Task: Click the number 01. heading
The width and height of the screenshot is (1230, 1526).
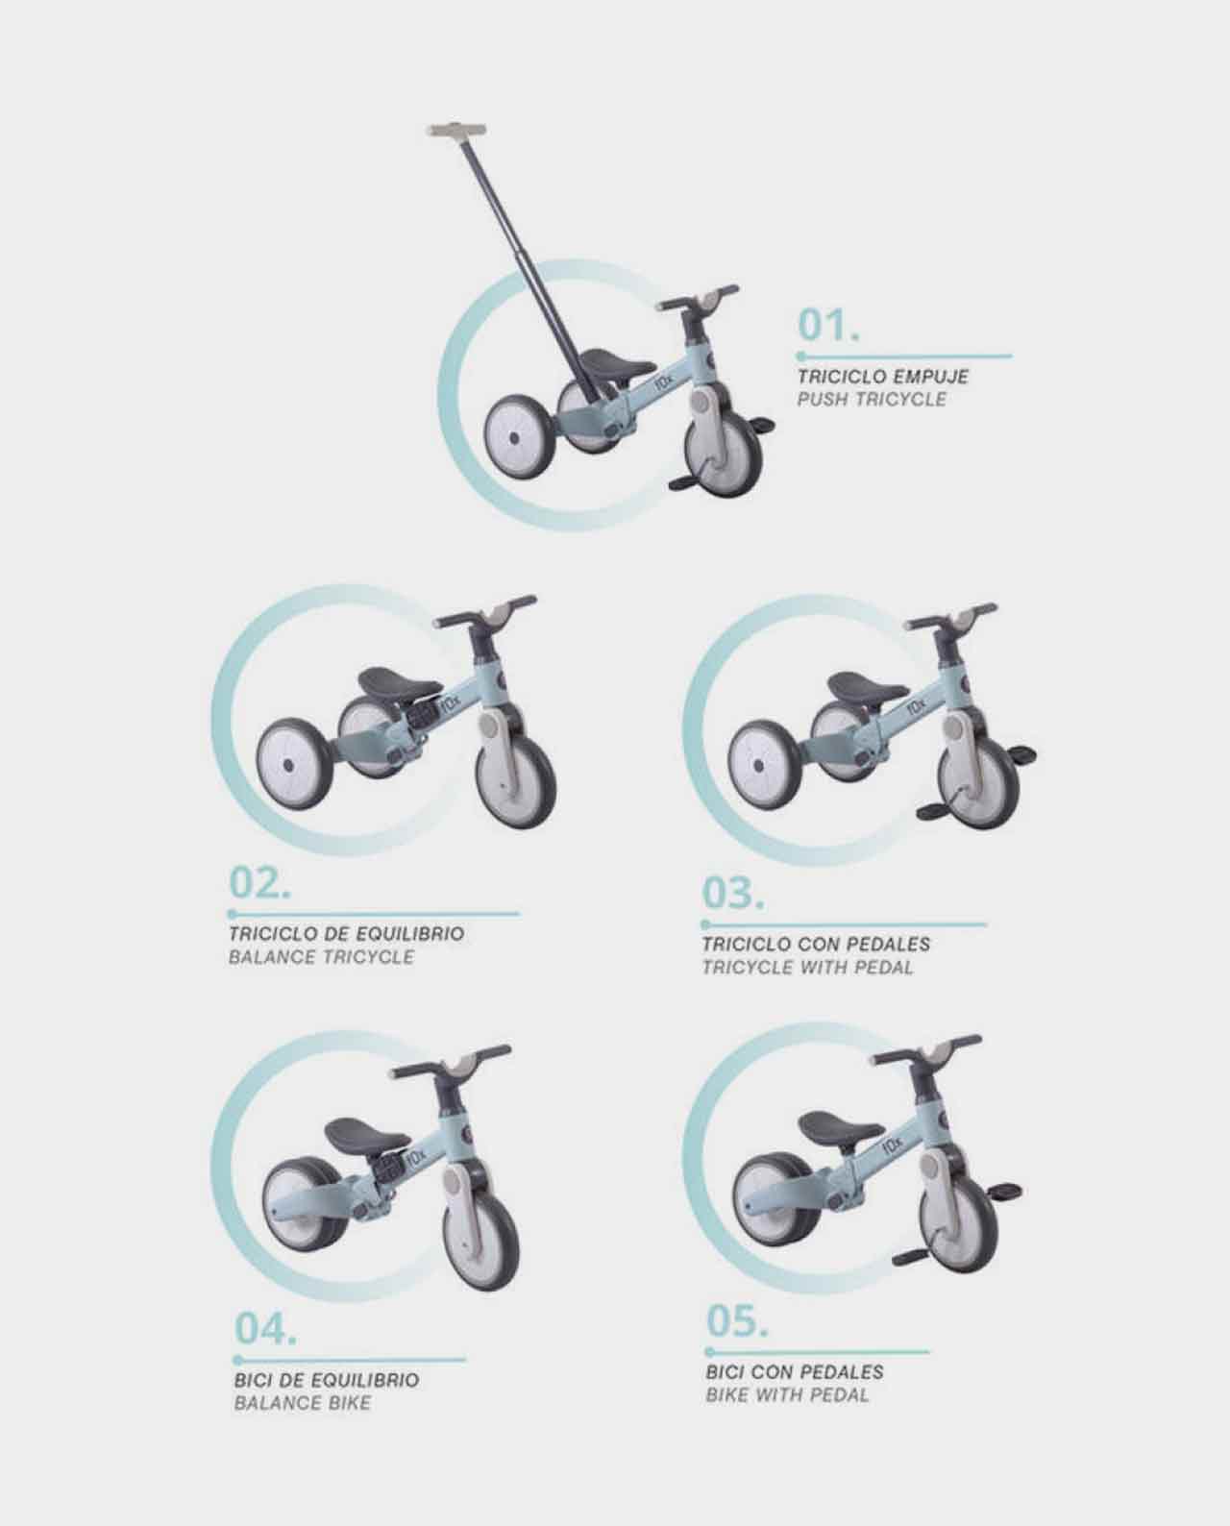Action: [x=828, y=325]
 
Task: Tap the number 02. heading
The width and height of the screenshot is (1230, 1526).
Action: [x=259, y=883]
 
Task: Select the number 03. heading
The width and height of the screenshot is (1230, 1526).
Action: [x=733, y=894]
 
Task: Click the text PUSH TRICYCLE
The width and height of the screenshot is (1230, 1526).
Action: [x=872, y=399]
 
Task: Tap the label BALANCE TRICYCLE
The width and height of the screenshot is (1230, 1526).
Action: [x=321, y=957]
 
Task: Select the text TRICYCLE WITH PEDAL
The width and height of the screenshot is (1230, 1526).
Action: [x=808, y=968]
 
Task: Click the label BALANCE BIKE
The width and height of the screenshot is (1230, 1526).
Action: [x=303, y=1403]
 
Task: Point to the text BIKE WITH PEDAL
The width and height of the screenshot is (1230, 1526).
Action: [x=787, y=1394]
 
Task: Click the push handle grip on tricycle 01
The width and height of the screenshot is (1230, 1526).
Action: [x=457, y=131]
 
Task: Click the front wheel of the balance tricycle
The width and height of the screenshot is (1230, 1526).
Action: [x=516, y=780]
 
